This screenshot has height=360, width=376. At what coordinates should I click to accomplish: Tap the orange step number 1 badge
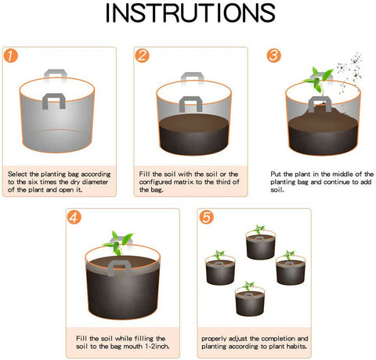tap(10, 56)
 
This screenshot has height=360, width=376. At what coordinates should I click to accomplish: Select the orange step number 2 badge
tap(142, 56)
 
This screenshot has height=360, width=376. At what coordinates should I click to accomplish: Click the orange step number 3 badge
tap(273, 56)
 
